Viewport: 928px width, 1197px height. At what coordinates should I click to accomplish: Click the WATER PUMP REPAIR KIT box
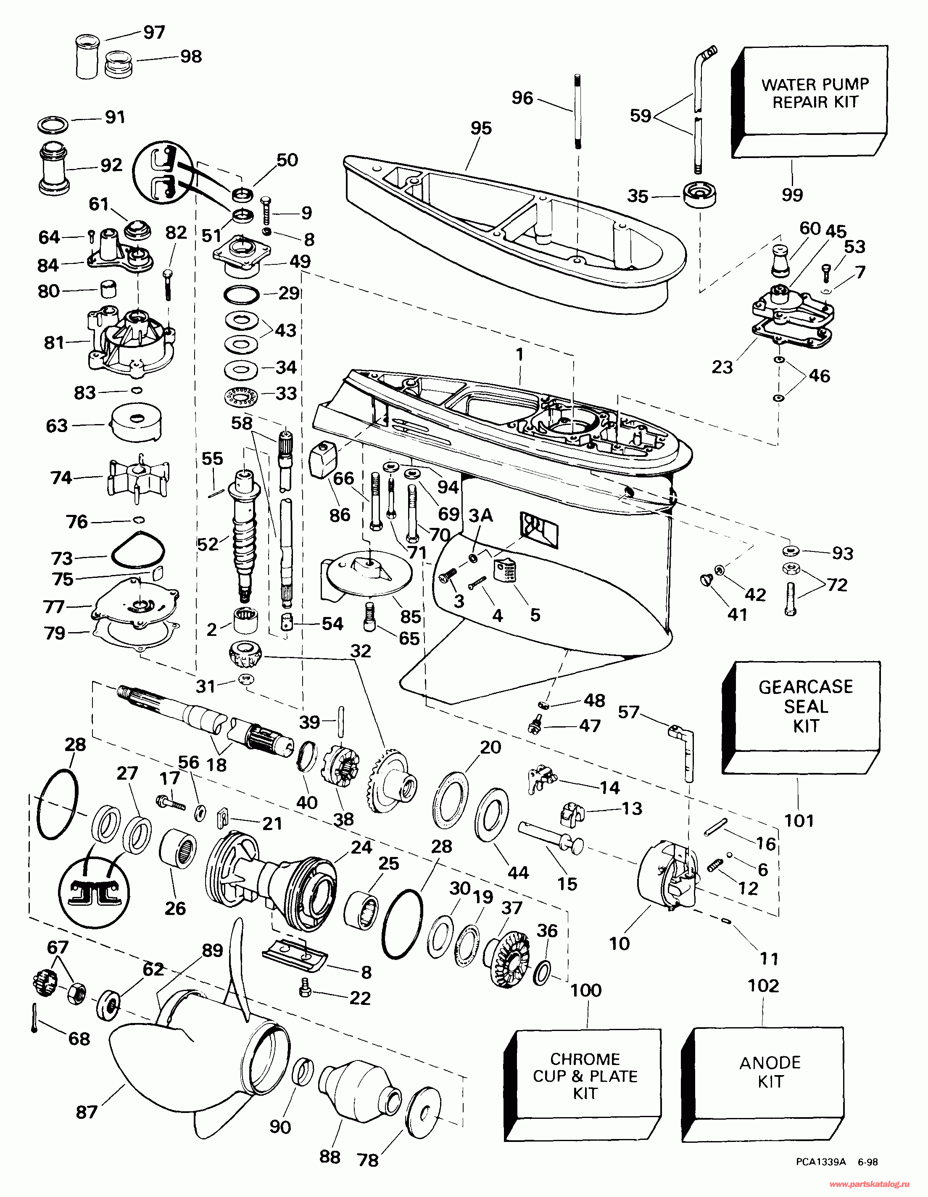point(815,93)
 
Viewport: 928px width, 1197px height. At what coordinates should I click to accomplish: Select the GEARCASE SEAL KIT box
point(806,707)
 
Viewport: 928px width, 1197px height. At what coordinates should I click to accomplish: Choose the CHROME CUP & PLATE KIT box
point(585,1076)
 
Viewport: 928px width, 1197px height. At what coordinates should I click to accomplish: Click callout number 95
point(481,128)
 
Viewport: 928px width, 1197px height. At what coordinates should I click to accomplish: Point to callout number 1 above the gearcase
point(519,355)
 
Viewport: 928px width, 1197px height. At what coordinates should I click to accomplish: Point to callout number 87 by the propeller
point(87,1112)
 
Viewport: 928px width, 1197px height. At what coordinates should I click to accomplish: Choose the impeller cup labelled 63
point(136,424)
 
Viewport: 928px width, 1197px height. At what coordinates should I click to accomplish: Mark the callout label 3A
point(481,515)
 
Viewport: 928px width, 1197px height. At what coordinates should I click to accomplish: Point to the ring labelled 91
point(53,124)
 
